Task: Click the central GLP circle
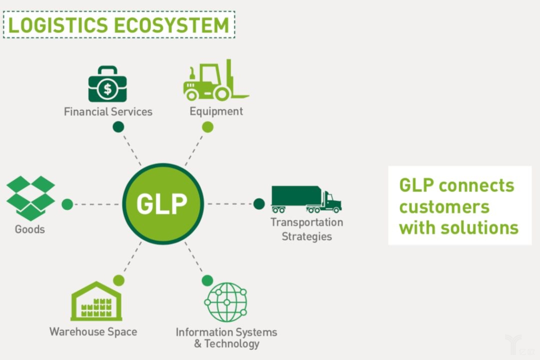[x=162, y=203]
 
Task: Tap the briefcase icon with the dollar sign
[x=107, y=84]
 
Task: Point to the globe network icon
[x=226, y=302]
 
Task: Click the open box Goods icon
[x=30, y=198]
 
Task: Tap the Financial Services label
[x=108, y=111]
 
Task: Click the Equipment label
[x=216, y=111]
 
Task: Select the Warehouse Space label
[x=93, y=331]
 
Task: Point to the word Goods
[x=30, y=229]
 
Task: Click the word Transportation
[x=306, y=222]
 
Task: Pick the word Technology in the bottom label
[x=232, y=344]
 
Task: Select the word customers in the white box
[x=444, y=206]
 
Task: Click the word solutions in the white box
[x=479, y=228]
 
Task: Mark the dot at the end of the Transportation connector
[x=259, y=203]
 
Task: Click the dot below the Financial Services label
[x=118, y=127]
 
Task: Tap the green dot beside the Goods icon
[x=67, y=204]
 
